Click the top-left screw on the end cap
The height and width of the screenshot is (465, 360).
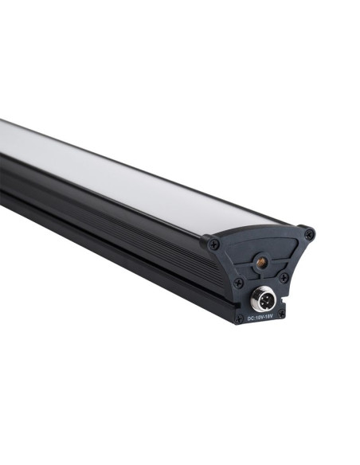(214, 244)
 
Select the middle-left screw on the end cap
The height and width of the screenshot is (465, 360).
(238, 283)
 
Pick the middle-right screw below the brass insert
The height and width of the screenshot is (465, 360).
(284, 277)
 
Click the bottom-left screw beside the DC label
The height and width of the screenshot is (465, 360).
(239, 318)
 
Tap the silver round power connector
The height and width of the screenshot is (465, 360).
(263, 301)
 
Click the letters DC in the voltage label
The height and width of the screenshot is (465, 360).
(250, 318)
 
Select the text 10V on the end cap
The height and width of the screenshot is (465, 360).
(259, 318)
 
